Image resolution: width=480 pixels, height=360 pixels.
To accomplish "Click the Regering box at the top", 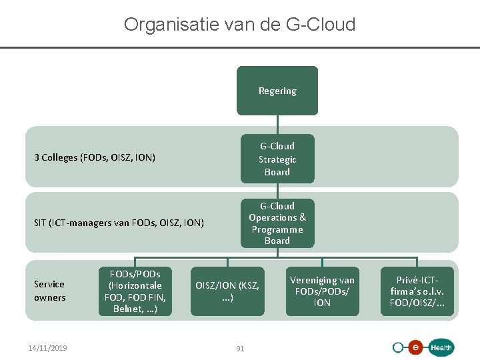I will coord(277,91).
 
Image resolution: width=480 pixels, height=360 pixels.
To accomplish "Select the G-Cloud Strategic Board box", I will coord(277,159).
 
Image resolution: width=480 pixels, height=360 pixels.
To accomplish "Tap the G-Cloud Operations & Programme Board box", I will coord(277,223).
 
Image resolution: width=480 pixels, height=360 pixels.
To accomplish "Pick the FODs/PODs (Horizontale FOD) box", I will coord(135,291).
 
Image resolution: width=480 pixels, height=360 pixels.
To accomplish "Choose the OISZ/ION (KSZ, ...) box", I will coord(227,292).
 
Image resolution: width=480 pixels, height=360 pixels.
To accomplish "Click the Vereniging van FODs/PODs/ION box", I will coord(322,291).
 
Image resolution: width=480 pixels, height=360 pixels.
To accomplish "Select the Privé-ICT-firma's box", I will coord(417,291).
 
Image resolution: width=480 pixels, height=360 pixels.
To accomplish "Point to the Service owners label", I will coord(50,291).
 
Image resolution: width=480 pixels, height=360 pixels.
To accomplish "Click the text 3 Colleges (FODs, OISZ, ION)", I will coord(95,158).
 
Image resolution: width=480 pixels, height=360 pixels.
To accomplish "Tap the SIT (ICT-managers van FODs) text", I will coord(119,223).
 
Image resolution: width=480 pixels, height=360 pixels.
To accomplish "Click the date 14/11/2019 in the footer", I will coord(47,347).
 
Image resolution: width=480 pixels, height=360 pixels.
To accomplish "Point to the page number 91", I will coord(240,348).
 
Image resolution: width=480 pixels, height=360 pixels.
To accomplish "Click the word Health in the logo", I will coord(441,347).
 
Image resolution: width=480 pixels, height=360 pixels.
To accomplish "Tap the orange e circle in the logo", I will coord(415,347).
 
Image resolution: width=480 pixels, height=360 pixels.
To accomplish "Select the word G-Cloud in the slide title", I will coord(320,25).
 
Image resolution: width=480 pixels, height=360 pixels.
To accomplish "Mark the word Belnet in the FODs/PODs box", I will coord(127,309).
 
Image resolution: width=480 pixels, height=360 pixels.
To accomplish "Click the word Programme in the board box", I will coord(277,229).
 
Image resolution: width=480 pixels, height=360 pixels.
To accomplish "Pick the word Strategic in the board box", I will coord(277,159).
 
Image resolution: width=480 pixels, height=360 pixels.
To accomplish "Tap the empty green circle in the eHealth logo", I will coord(399,347).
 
